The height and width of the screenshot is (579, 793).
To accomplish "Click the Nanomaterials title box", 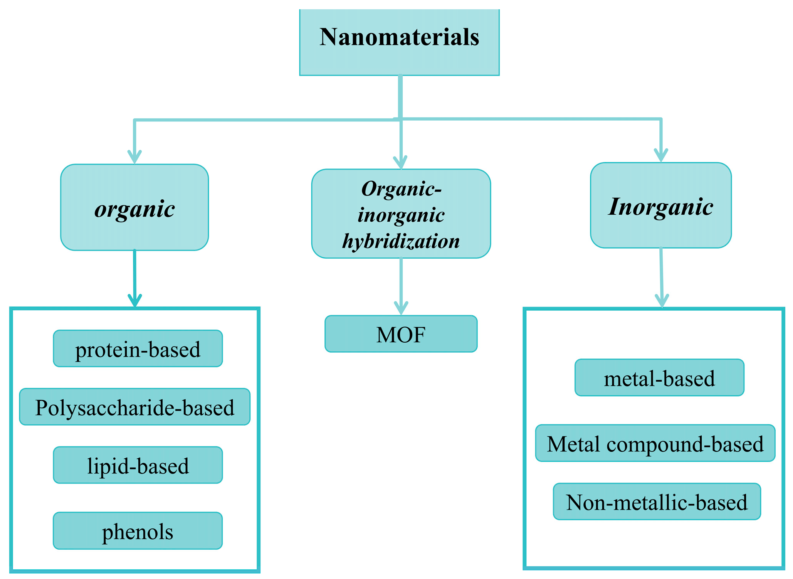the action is click(x=399, y=42).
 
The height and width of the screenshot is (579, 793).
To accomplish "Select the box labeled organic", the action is click(x=134, y=207).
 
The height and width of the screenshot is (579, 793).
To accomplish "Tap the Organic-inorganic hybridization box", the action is click(x=401, y=214).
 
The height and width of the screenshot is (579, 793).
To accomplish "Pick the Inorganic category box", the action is click(x=661, y=205).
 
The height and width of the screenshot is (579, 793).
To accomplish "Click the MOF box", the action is click(x=401, y=334).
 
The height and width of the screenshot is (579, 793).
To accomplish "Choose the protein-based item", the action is click(x=138, y=348).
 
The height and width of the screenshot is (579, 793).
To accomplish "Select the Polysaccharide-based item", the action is click(x=135, y=407).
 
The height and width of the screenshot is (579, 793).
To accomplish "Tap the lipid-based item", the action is click(x=138, y=465).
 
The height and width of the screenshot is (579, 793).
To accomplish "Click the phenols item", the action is click(x=138, y=531).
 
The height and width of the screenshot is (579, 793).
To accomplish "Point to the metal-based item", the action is click(x=659, y=378).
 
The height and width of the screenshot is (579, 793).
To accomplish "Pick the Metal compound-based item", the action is click(x=655, y=443).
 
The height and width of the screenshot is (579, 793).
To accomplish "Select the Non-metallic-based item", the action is click(x=657, y=502).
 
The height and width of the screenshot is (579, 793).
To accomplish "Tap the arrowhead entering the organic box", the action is click(x=134, y=157).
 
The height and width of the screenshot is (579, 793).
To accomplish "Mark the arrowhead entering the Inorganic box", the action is click(x=661, y=155).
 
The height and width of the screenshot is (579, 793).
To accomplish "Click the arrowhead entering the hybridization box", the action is click(x=401, y=162).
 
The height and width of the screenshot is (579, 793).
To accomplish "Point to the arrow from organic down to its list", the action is click(x=134, y=279).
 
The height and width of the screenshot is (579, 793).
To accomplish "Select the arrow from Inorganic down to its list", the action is click(x=661, y=278).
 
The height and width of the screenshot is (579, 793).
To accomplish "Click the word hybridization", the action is click(x=401, y=241).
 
